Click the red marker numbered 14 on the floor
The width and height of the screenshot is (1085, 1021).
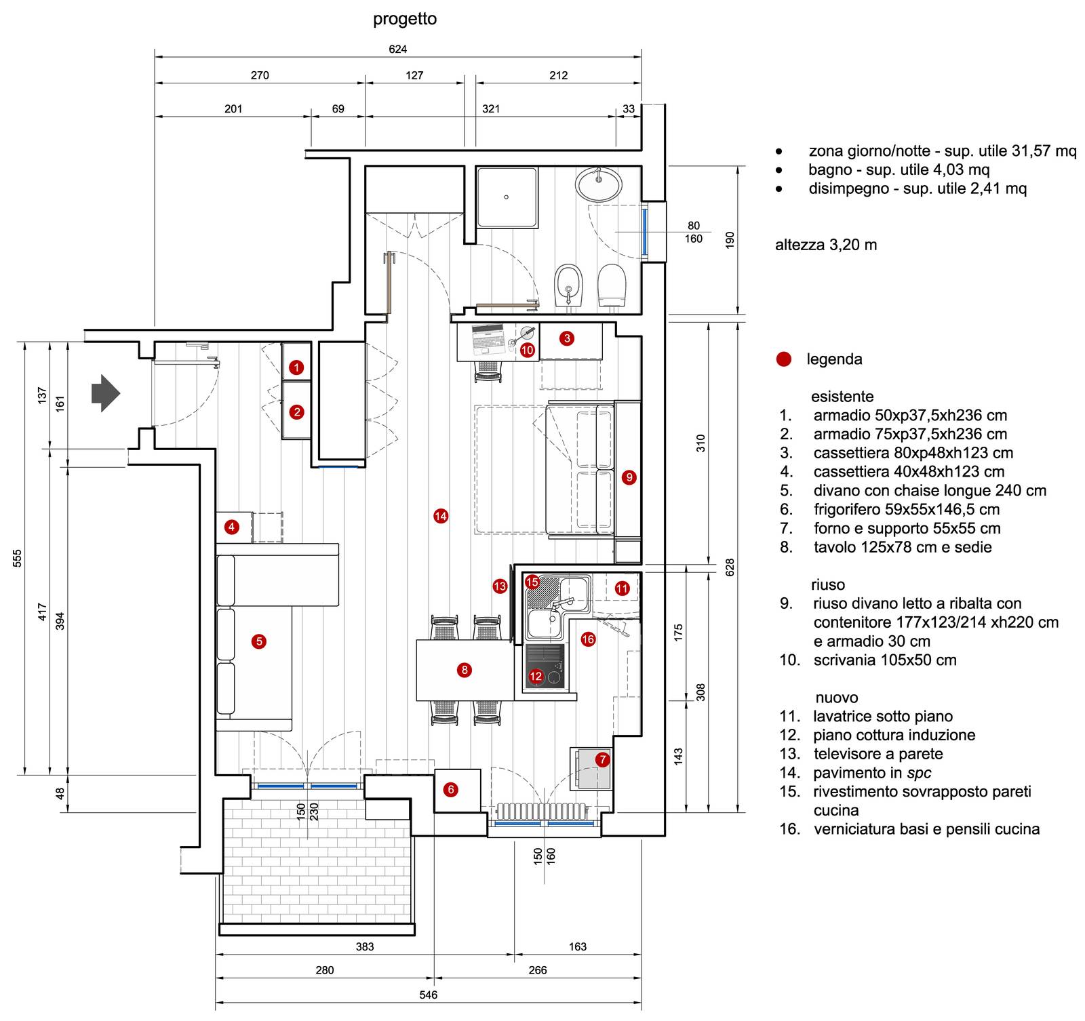point(441,516)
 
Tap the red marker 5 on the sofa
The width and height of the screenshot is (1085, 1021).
point(258,641)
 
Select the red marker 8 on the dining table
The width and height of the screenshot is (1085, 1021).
point(465,670)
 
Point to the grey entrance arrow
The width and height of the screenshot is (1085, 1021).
point(106,393)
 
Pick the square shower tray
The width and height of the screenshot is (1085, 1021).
point(507,197)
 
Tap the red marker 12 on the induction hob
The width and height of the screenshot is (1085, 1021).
point(536,676)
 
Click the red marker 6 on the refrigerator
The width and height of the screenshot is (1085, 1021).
point(451,789)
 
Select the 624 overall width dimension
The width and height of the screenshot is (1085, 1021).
point(398,49)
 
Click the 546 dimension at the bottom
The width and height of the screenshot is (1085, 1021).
point(429,995)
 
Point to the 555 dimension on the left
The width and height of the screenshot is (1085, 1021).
point(18,558)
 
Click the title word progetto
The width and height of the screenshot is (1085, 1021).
point(405,19)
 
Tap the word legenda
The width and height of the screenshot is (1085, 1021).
point(834,359)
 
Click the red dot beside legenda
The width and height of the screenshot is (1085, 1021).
point(784,359)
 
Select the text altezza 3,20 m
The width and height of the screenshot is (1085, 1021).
point(826,245)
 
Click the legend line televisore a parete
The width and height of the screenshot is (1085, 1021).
point(878,754)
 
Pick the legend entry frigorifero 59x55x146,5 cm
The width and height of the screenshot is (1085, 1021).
point(907,509)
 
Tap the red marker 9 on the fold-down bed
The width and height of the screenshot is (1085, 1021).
point(629,477)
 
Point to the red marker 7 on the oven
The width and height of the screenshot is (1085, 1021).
point(602,759)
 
